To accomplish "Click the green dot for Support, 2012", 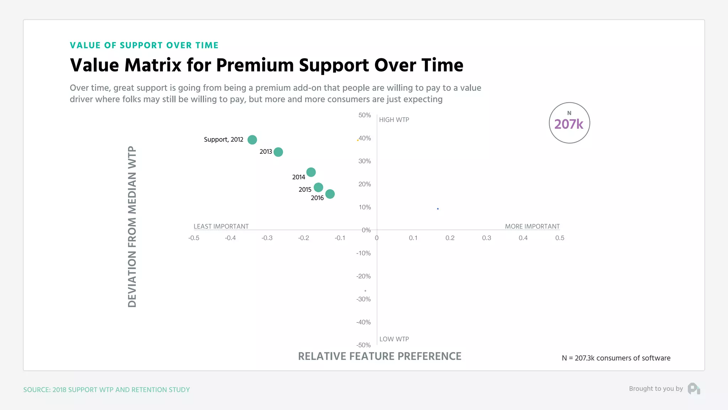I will pos(252,140).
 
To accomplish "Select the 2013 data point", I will pos(278,152).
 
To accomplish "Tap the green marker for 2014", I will pos(311,172).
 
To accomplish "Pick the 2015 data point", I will pos(318,187).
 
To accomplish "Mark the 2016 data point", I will pos(330,194).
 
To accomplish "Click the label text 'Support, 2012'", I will pos(223,140).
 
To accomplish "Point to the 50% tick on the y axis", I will pos(364,115).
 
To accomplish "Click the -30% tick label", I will pos(363,299).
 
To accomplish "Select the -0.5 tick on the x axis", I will pos(194,238).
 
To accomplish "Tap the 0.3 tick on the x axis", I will pos(486,238).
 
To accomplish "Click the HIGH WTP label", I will pos(394,120).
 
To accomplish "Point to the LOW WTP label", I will pos(394,339).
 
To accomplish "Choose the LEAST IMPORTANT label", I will pos(221,226).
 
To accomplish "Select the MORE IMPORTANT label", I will pos(532,226).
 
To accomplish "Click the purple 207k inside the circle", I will pos(569,124).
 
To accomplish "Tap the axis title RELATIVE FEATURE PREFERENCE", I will pos(379,356).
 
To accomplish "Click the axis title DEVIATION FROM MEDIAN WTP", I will pos(132,227).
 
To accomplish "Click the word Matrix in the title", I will pos(153,65).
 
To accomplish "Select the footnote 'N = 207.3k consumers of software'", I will pos(616,358).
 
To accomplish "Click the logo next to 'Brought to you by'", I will pos(694,389).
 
